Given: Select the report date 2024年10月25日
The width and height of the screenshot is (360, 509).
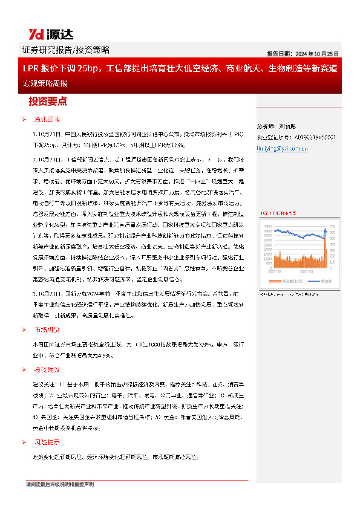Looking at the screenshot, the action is [x=315, y=53].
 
